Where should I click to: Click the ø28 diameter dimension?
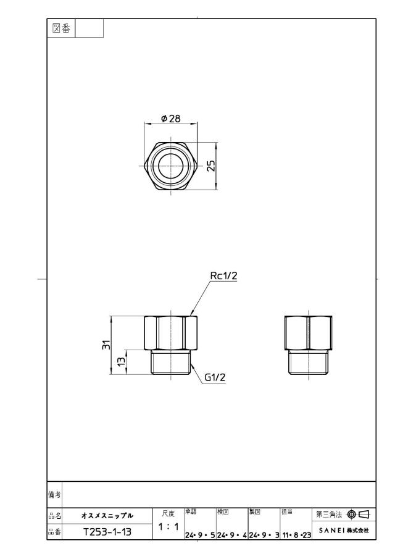click(171, 119)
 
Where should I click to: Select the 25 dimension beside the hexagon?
click(211, 166)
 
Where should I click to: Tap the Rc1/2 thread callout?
click(223, 275)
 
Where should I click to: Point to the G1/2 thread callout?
click(215, 377)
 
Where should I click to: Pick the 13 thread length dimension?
click(122, 361)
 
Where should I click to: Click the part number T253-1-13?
click(107, 532)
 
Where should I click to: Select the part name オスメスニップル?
click(107, 516)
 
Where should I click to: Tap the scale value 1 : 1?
click(168, 526)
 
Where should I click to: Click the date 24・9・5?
click(200, 535)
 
